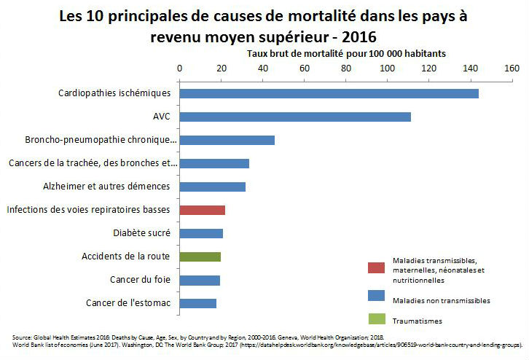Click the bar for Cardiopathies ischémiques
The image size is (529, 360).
(x=329, y=93)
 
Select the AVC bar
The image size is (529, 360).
(x=295, y=117)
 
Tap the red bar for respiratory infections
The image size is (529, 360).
(x=202, y=210)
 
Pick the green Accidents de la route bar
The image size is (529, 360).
(x=200, y=257)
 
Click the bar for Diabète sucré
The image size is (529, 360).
(x=201, y=233)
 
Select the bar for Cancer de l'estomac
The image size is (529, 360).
(x=197, y=303)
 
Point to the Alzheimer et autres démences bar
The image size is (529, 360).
(x=212, y=187)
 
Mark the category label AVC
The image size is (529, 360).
(x=161, y=117)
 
